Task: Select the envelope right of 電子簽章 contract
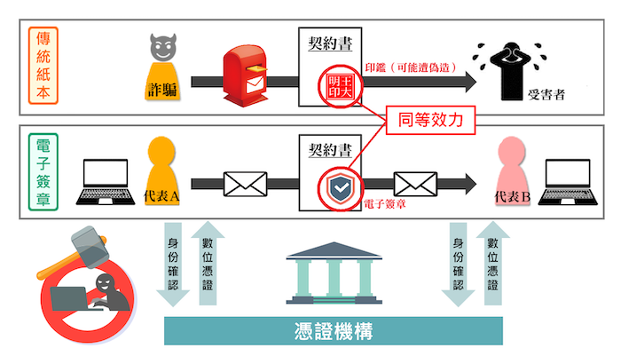[413, 184]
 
